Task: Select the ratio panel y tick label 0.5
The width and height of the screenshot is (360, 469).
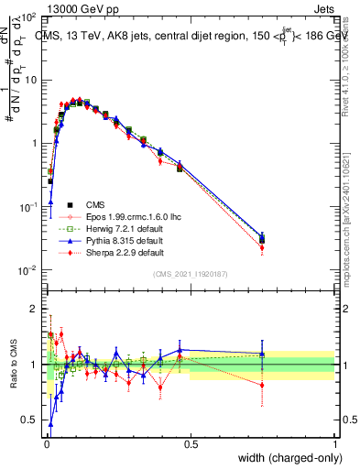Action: [30, 420]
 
